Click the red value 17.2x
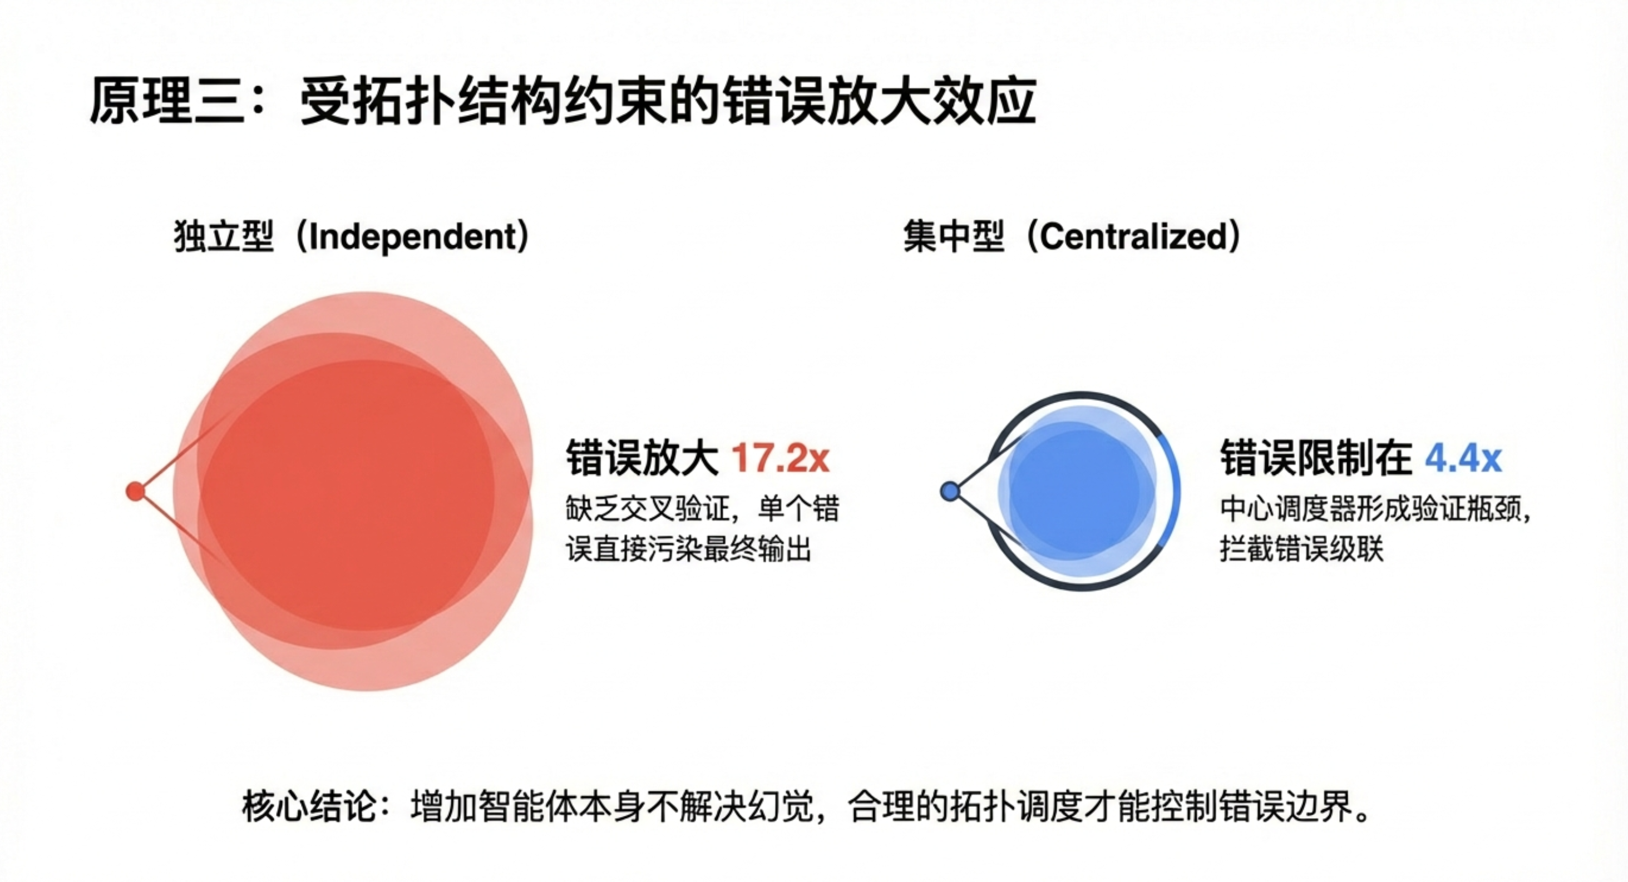pos(780,458)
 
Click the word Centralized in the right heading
pos(1133,237)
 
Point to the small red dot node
pos(135,491)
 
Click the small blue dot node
pos(950,491)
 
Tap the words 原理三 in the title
pos(167,101)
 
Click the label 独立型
pos(224,237)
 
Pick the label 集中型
pos(954,237)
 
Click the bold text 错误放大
pos(642,458)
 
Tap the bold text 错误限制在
pos(1316,458)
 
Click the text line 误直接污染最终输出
pos(688,548)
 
